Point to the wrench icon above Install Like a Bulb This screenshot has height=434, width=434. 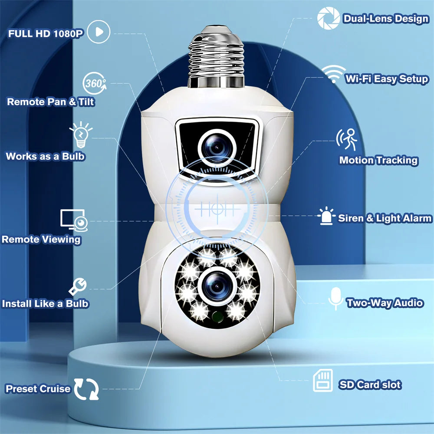[x=78, y=286]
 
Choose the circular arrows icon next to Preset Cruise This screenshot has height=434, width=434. [x=86, y=388]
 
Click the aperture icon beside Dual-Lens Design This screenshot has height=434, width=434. [x=328, y=18]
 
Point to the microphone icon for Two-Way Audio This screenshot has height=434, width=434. [x=335, y=298]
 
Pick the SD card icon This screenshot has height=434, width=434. [x=323, y=381]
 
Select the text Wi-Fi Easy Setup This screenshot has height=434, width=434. [x=387, y=79]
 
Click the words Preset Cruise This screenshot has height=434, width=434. [x=38, y=388]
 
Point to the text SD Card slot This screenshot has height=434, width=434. [x=370, y=385]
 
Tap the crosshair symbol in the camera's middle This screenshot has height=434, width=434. [x=217, y=209]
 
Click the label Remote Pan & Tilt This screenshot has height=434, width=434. [x=51, y=102]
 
